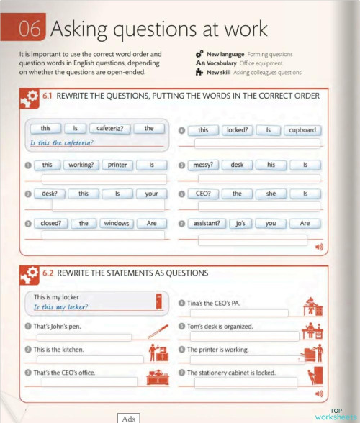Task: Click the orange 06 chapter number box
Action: pos(30,29)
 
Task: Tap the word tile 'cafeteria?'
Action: pos(110,129)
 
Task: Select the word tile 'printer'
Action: pos(117,165)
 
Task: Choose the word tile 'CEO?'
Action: pos(203,194)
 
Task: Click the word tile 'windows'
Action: pos(116,224)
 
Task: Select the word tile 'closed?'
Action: pos(50,224)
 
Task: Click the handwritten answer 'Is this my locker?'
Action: pos(60,307)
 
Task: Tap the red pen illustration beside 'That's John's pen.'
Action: pos(158,332)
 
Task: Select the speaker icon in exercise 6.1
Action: pos(318,247)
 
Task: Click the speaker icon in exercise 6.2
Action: pos(318,394)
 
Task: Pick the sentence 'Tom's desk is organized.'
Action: pos(220,327)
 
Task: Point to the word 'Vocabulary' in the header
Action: pos(225,63)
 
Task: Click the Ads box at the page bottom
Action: pos(129,418)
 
